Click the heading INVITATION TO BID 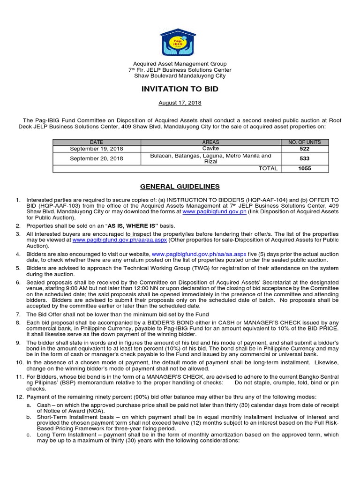180,89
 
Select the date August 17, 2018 180,103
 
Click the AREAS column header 210,142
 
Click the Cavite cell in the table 210,148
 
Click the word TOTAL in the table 268,168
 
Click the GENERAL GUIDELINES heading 180,187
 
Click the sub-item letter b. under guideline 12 30,416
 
